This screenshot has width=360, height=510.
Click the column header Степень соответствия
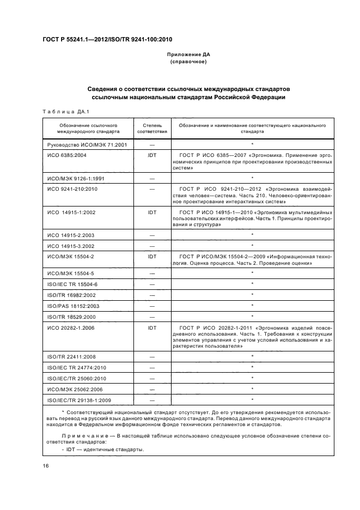pyautogui.click(x=152, y=128)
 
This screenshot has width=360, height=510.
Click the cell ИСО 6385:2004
pyautogui.click(x=64, y=155)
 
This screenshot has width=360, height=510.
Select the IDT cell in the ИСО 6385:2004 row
pyautogui.click(x=152, y=155)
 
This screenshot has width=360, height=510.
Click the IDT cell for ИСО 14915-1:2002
pyautogui.click(x=152, y=211)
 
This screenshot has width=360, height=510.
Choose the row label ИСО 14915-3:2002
pyautogui.click(x=68, y=245)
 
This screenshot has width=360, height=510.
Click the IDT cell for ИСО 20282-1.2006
pyautogui.click(x=152, y=328)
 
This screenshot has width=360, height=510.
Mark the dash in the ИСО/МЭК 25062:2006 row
pyautogui.click(x=152, y=389)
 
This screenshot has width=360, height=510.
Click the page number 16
pyautogui.click(x=46, y=466)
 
